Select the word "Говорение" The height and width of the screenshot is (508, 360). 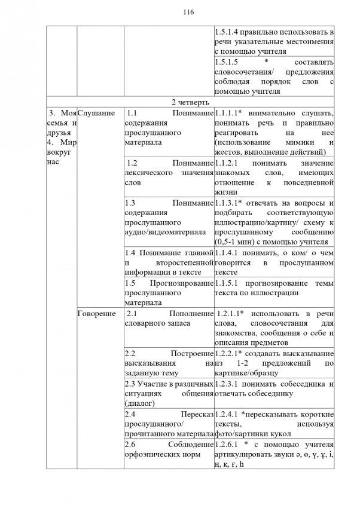coord(98,314)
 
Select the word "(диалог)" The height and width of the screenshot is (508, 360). coord(141,403)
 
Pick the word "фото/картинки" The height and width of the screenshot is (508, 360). coord(242,433)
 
